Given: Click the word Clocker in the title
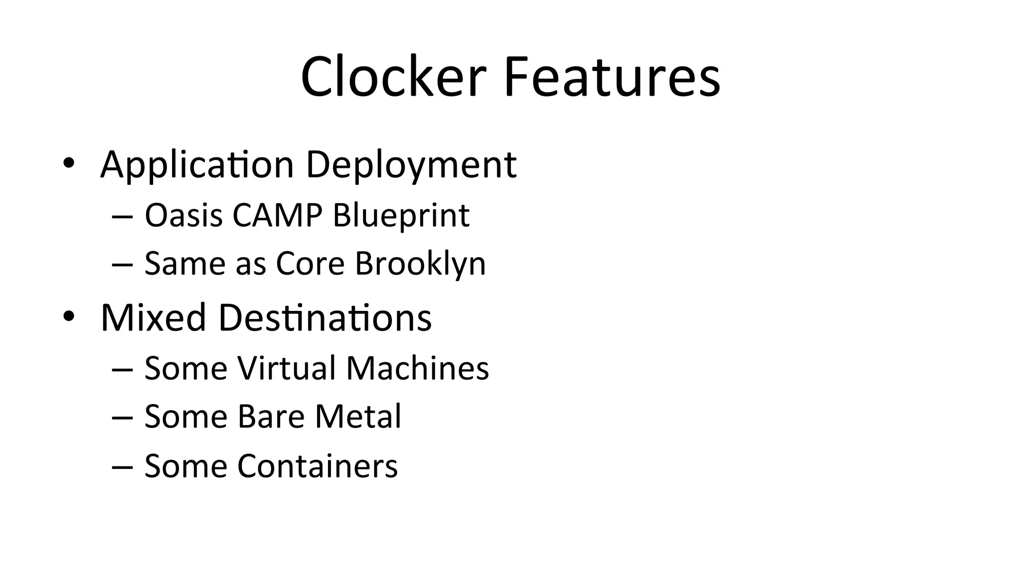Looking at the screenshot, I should coord(393,77).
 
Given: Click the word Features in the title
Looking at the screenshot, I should coord(612,77).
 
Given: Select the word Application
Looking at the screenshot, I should coord(197,165).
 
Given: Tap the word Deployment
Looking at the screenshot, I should coord(411,165).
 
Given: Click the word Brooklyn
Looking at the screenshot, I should coord(420,264).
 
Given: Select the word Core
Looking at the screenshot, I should coord(310,264).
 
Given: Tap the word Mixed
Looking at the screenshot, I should coord(153,318).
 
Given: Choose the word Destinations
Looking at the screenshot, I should coord(325,318).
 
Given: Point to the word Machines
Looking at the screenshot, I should coord(417,368).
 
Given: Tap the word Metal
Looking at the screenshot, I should coord(358,417).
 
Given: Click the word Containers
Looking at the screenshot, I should coord(318,466).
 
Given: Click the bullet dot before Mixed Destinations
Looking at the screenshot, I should coord(68,316).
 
